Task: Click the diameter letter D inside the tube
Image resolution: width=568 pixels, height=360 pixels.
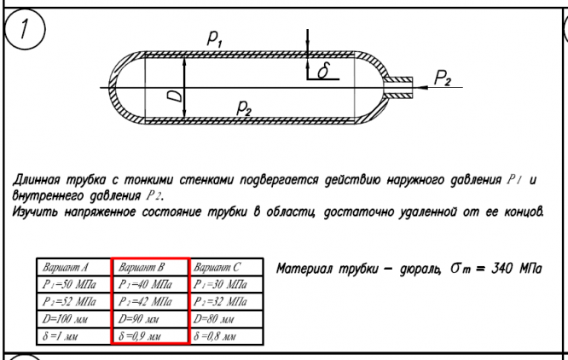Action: tap(176, 96)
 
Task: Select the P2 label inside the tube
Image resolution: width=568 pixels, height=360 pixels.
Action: tap(244, 106)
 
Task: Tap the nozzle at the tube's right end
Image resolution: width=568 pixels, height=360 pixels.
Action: tap(397, 84)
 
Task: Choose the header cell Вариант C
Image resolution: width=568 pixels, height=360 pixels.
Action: tap(225, 269)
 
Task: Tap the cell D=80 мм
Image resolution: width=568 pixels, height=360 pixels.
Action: tap(225, 318)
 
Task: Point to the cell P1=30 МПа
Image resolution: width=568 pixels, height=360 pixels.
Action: tap(225, 285)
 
